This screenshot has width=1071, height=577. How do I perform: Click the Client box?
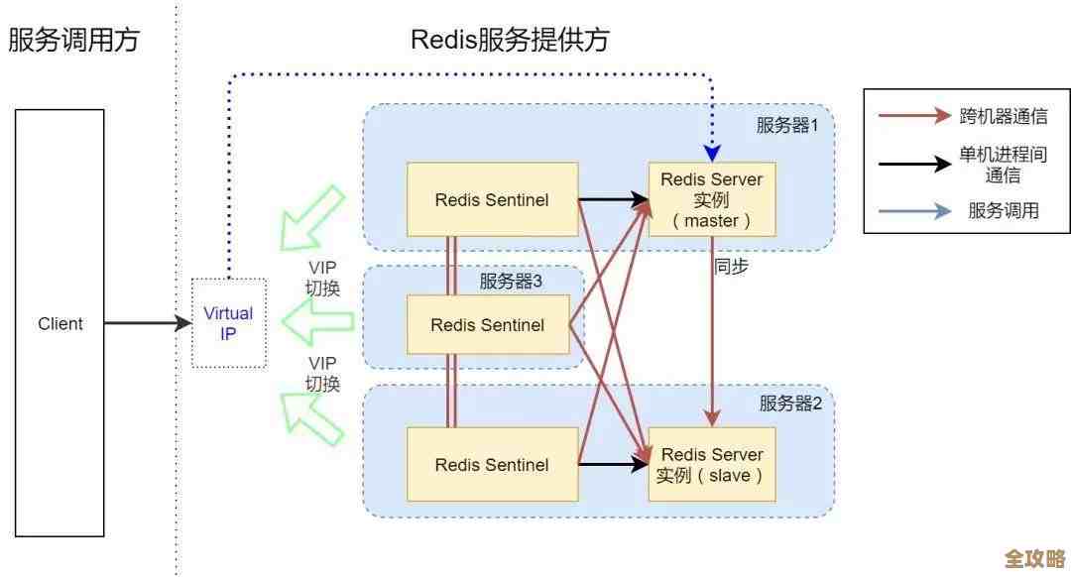59,323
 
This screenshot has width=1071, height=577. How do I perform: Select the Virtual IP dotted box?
228,323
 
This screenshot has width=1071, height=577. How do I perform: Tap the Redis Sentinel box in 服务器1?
492,200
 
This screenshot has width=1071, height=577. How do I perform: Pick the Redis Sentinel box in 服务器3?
487,324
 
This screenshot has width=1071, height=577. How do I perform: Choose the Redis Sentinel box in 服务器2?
492,464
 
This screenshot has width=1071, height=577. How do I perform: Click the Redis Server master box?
711,200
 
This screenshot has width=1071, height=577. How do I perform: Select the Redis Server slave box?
711,464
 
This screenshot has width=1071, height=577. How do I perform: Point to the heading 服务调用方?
74,40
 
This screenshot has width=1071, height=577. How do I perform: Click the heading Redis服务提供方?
510,40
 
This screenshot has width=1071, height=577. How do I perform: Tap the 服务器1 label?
787,125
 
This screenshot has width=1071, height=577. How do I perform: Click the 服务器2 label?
790,403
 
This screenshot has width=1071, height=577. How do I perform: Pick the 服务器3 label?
511,282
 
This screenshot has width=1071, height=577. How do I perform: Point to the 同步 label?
731,267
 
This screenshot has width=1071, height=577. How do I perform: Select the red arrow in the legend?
913,116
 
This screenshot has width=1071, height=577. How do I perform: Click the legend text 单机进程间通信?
1003,165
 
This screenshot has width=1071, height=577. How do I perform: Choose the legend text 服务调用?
1003,210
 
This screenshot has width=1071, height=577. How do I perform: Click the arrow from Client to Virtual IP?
147,323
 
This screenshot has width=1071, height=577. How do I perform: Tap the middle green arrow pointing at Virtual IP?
317,320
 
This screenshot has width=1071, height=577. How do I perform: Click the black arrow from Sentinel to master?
612,200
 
